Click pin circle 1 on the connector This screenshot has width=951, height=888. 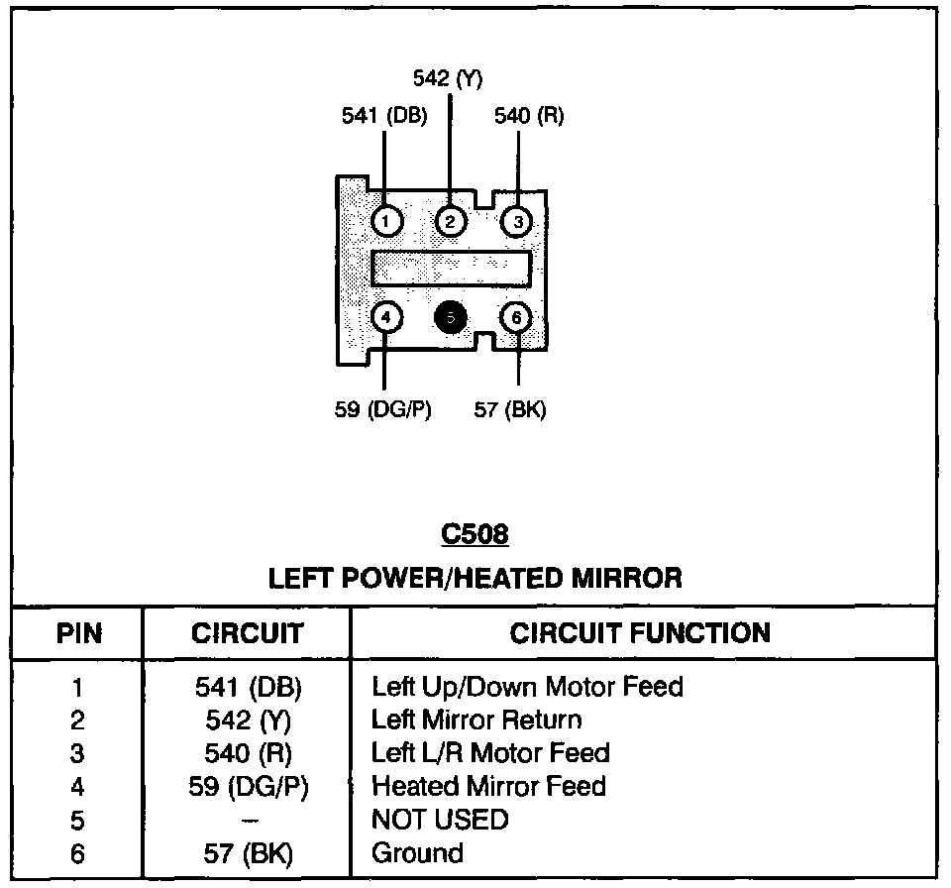pos(386,222)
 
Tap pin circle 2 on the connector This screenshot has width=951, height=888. pos(450,222)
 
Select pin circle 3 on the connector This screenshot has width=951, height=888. pos(517,222)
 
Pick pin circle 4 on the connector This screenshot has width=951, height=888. pos(386,317)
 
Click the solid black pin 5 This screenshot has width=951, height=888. pos(451,317)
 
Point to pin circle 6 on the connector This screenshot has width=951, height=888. pos(516,317)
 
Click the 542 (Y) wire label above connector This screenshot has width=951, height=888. pos(448,78)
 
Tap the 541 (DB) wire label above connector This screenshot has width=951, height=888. pos(384,115)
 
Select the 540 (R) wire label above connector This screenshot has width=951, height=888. pos(529,115)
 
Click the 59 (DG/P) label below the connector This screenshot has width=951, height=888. pos(382,409)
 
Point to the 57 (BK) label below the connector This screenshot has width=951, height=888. pos(510,409)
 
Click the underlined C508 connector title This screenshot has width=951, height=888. pos(475,534)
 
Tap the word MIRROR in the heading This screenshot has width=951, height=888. pos(626,578)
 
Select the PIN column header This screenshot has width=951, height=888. pos(79,633)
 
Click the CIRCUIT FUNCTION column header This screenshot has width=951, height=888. pos(640,633)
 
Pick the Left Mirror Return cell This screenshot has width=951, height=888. pos(476,720)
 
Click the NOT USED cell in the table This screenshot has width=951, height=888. pos(440,820)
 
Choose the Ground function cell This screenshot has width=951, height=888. pos(417,852)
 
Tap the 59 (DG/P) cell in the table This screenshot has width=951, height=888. pos(249,787)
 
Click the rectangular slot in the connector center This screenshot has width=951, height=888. pos(451,269)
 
